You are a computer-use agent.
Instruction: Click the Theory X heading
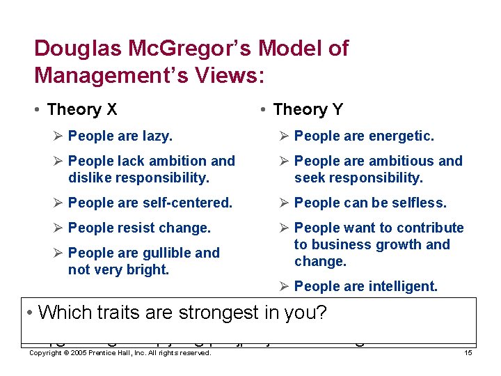coord(82,109)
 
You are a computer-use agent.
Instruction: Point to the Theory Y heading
coord(308,109)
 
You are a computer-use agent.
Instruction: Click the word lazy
coord(157,136)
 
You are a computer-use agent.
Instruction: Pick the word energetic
coord(400,136)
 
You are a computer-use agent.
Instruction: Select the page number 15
coord(468,354)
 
